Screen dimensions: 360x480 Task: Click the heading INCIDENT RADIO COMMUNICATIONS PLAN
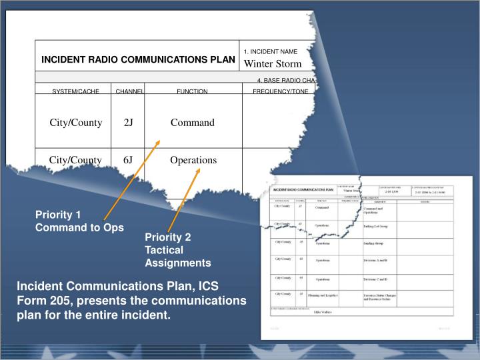138,59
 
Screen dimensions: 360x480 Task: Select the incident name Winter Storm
272,64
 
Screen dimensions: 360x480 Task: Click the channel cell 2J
129,123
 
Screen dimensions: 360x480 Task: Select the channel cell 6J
129,160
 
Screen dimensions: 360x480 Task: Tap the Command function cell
192,123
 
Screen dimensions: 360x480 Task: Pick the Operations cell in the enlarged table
193,160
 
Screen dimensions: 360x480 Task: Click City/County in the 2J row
75,123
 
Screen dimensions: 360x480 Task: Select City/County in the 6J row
75,160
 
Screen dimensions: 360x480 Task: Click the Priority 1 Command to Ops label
79,221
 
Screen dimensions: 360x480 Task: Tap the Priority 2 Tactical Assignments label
177,250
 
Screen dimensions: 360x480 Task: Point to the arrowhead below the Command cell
158,142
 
